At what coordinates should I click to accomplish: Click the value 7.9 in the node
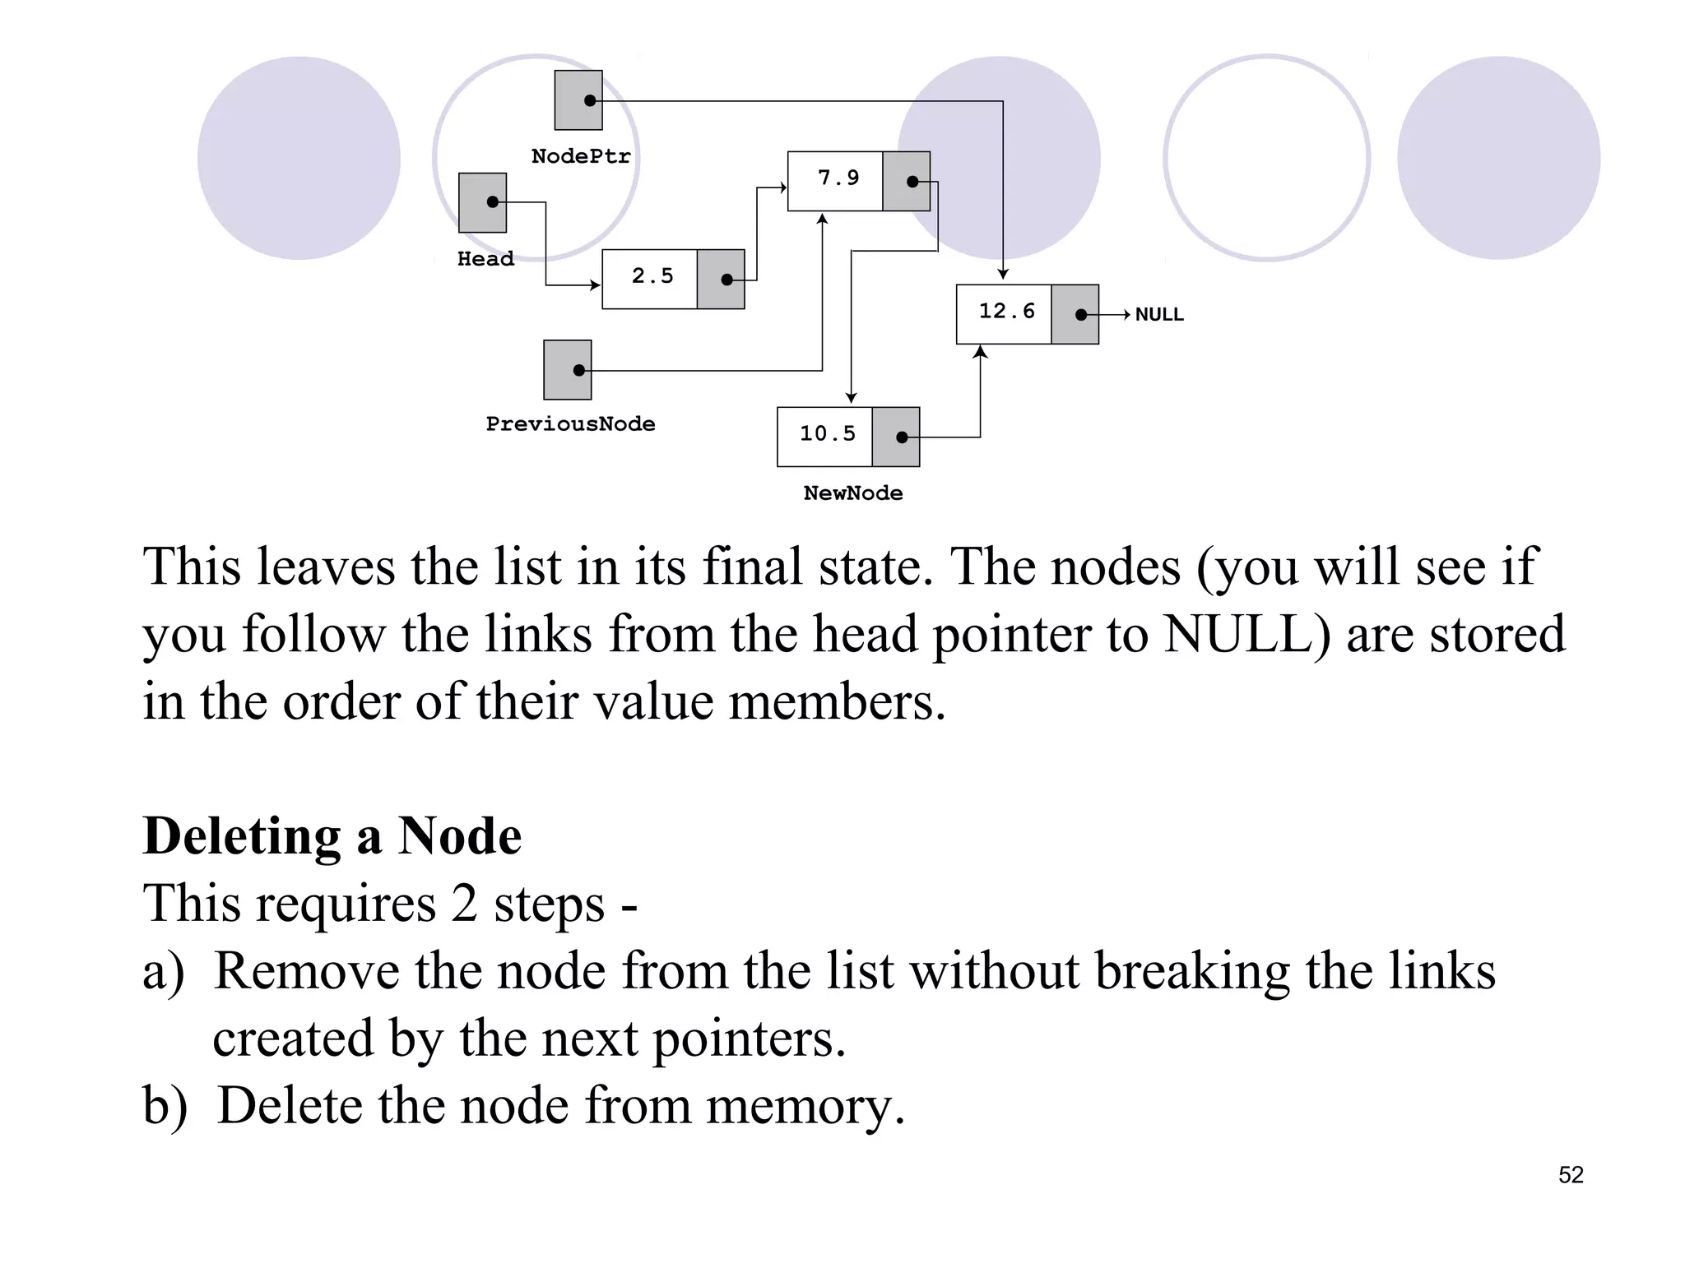point(838,178)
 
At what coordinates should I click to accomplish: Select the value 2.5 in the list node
point(652,276)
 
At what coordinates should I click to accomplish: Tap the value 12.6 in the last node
point(1006,312)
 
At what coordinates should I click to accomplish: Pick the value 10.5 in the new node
point(827,434)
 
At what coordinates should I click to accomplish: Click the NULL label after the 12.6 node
point(1158,315)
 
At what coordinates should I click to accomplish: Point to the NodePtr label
point(581,157)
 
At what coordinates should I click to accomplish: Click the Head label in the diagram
point(485,260)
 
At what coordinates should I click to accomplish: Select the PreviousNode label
point(570,424)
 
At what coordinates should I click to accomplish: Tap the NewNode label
point(852,493)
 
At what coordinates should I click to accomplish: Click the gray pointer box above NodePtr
point(578,100)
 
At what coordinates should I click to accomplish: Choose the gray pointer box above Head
point(482,203)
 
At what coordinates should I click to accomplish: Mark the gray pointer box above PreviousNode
point(568,370)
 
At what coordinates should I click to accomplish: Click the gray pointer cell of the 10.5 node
point(896,437)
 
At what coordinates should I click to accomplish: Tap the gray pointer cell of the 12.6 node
point(1075,314)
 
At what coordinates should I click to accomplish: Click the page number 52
point(1570,1175)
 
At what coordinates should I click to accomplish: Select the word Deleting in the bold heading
point(241,837)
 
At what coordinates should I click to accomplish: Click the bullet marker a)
point(163,972)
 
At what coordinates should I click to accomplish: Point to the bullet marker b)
point(165,1107)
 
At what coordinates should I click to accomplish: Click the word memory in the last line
point(805,1107)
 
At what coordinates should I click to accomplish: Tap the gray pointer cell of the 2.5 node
point(721,280)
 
